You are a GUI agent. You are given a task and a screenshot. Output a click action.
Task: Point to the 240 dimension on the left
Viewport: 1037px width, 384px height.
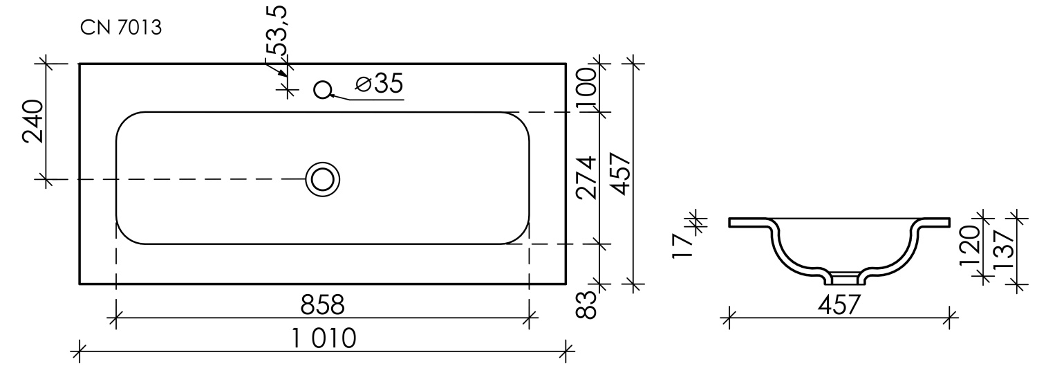pyautogui.click(x=34, y=121)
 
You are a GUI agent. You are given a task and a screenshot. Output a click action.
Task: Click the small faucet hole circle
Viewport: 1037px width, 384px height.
pyautogui.click(x=322, y=89)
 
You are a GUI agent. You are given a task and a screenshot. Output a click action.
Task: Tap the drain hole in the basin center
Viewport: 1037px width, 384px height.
pyautogui.click(x=322, y=179)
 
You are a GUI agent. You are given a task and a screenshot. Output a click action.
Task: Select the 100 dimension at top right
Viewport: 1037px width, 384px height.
pyautogui.click(x=587, y=87)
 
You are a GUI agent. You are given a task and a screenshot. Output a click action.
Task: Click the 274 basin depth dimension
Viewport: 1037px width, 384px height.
pyautogui.click(x=587, y=179)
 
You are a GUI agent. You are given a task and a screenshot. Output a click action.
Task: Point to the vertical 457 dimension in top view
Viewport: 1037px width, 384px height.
pyautogui.click(x=618, y=174)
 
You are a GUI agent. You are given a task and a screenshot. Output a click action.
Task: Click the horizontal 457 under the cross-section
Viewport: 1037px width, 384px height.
pyautogui.click(x=839, y=305)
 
